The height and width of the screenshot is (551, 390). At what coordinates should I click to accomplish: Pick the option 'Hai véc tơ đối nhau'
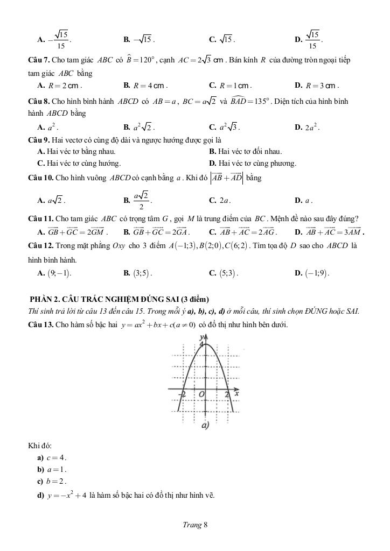[x=249, y=152]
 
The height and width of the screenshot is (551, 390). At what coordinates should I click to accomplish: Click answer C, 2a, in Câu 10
[x=223, y=201]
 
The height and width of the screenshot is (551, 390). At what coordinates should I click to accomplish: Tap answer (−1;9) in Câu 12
[x=316, y=273]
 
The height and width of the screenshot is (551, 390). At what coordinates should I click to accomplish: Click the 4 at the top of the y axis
[x=201, y=344]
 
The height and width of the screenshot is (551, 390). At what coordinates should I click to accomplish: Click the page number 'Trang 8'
[x=194, y=526]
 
